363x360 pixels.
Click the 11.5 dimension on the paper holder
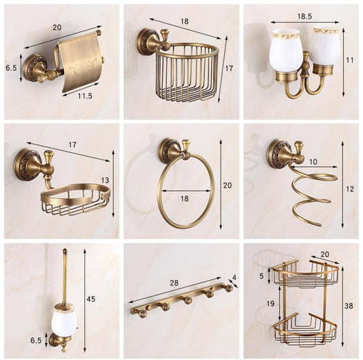[84, 95]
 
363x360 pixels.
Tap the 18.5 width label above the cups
[304, 16]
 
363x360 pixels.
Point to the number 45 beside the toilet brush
[91, 299]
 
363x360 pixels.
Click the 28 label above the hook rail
[174, 283]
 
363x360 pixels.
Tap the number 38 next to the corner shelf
[349, 306]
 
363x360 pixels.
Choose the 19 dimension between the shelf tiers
[270, 303]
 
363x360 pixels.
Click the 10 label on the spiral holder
[313, 162]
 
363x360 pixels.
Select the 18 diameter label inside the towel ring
[185, 198]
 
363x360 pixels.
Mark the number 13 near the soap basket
[105, 180]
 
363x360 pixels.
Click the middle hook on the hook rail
[187, 301]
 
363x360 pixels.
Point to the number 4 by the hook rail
[234, 277]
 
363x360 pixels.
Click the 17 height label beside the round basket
[230, 68]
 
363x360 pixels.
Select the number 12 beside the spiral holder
[350, 189]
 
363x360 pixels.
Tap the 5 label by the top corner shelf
[262, 275]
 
